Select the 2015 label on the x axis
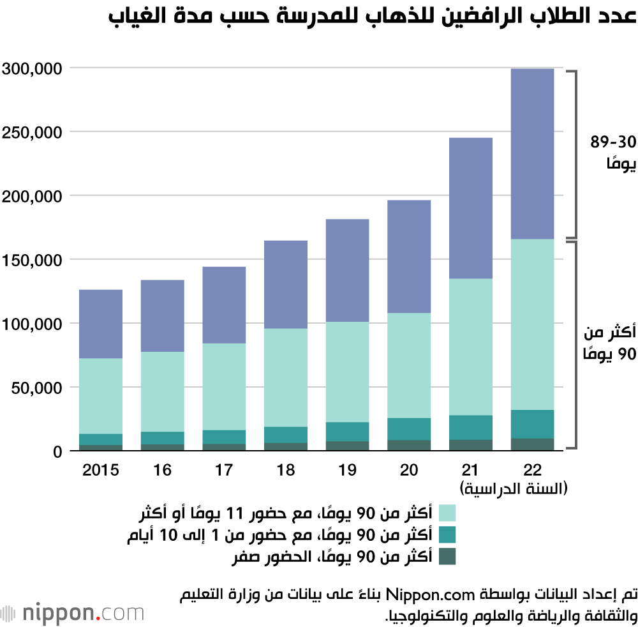pyautogui.click(x=101, y=471)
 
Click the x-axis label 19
pyautogui.click(x=348, y=471)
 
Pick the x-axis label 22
pyautogui.click(x=533, y=471)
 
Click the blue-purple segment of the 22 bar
pyautogui.click(x=533, y=153)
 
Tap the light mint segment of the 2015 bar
pyautogui.click(x=101, y=396)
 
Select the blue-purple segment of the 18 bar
pyautogui.click(x=286, y=284)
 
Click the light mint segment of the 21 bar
pyautogui.click(x=471, y=347)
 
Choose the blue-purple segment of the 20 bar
pyautogui.click(x=410, y=256)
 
